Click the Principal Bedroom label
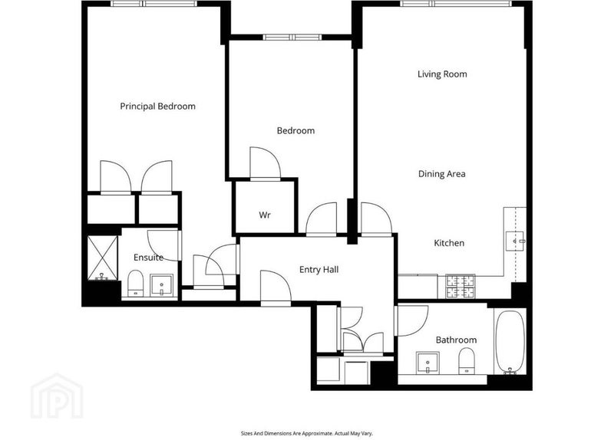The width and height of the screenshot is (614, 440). pyautogui.click(x=157, y=107)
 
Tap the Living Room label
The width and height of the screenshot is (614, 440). pyautogui.click(x=442, y=74)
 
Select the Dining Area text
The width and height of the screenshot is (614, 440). pyautogui.click(x=442, y=174)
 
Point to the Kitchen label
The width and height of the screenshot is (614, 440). pyautogui.click(x=449, y=243)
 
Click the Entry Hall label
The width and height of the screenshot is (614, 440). pyautogui.click(x=319, y=270)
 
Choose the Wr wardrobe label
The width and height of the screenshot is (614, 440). pyautogui.click(x=264, y=215)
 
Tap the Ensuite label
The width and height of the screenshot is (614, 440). pyautogui.click(x=148, y=258)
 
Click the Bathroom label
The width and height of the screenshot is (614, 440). pyautogui.click(x=456, y=340)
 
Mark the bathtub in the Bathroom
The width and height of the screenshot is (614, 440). pyautogui.click(x=510, y=342)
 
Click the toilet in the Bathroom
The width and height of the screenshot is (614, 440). pyautogui.click(x=466, y=361)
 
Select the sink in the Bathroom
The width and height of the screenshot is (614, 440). pyautogui.click(x=428, y=363)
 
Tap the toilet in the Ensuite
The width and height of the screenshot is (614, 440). pyautogui.click(x=136, y=283)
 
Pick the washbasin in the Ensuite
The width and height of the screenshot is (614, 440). pyautogui.click(x=162, y=285)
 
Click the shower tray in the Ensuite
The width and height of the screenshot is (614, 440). pyautogui.click(x=102, y=258)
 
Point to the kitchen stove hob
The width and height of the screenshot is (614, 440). pyautogui.click(x=460, y=287)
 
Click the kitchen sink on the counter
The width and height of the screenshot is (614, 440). pyautogui.click(x=514, y=241)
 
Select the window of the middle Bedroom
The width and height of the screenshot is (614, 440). pyautogui.click(x=292, y=37)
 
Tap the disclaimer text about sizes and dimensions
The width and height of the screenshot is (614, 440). pyautogui.click(x=306, y=433)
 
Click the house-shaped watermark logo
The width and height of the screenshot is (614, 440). pyautogui.click(x=57, y=396)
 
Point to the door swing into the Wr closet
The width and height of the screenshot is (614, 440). pyautogui.click(x=265, y=163)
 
